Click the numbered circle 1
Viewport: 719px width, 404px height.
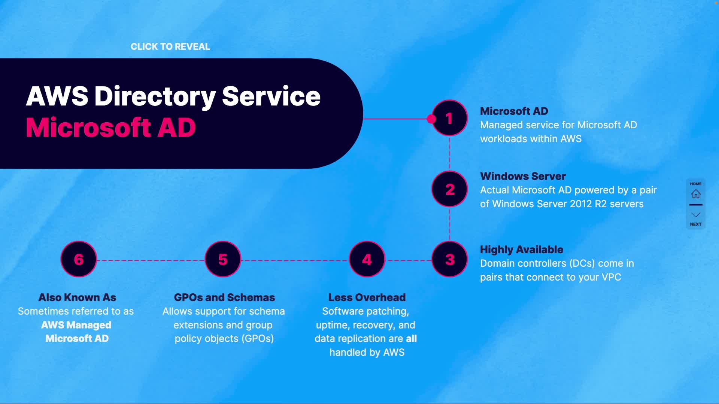[449, 118]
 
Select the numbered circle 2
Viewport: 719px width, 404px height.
[449, 189]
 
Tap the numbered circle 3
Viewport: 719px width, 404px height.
[449, 259]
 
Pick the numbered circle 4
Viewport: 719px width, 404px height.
[367, 259]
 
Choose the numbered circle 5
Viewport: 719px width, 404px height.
[223, 259]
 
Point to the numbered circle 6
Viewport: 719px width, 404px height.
[79, 259]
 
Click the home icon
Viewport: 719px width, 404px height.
[696, 194]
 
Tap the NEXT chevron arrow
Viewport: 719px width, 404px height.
[696, 215]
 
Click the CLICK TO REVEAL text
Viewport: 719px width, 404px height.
[170, 46]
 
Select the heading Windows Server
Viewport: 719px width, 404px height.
[523, 176]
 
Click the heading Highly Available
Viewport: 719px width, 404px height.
[521, 250]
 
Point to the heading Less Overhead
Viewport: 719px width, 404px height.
[367, 297]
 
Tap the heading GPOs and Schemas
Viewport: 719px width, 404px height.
[224, 297]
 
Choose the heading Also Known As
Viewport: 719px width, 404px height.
[77, 297]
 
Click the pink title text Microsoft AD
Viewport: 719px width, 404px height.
[111, 128]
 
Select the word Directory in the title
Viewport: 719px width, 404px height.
[155, 97]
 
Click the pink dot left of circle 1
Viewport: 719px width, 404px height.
[431, 119]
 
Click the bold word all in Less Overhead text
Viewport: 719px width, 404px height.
[411, 339]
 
